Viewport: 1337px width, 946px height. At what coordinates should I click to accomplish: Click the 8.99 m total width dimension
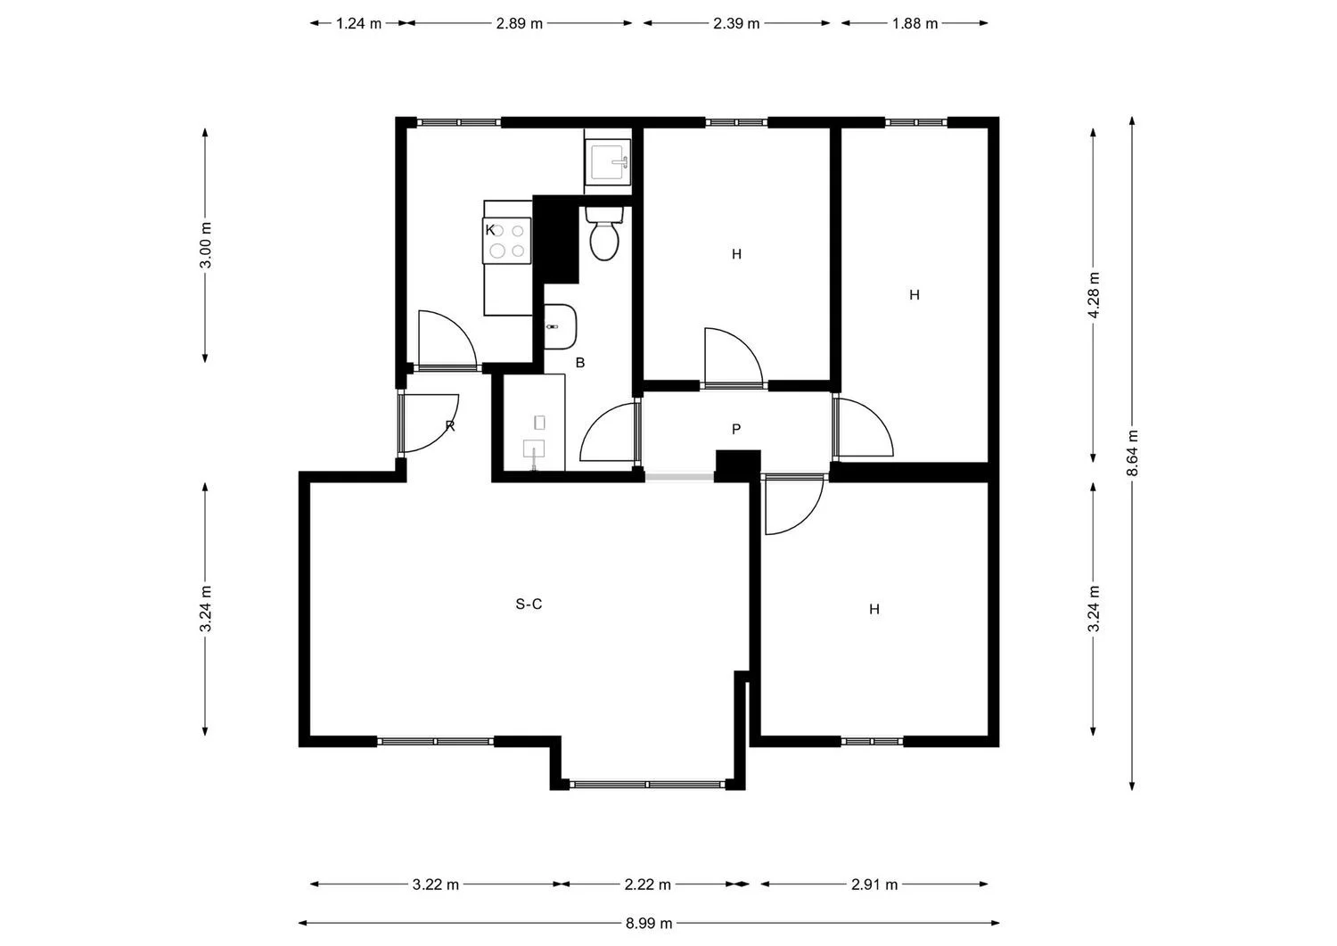(649, 924)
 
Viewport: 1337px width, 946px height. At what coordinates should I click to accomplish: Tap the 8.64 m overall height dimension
(1132, 453)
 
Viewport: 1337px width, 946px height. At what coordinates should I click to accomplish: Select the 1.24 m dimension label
(358, 23)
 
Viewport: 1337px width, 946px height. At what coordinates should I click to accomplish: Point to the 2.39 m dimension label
(736, 23)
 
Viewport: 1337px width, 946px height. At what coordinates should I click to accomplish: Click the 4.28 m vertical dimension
(1094, 295)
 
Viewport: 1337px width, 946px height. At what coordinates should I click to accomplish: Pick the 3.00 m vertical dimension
(205, 245)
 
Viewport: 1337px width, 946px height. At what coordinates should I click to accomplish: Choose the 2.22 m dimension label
(648, 884)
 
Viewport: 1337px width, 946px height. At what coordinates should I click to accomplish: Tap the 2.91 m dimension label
(874, 884)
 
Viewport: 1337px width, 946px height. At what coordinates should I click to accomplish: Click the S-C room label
(529, 605)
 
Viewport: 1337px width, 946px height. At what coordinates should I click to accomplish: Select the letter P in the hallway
(736, 429)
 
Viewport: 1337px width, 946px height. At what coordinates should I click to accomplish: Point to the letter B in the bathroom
(579, 363)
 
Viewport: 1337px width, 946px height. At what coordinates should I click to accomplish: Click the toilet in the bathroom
(604, 234)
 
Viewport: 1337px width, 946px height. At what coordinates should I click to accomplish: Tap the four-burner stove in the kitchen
(507, 241)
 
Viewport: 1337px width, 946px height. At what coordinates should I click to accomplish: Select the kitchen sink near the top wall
(608, 161)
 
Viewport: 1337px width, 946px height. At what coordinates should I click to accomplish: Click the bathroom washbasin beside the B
(561, 326)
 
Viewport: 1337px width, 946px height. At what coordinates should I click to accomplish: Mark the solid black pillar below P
(738, 465)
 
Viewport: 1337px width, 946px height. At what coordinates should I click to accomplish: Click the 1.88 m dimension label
(915, 23)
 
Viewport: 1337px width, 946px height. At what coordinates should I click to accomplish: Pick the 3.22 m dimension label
(435, 884)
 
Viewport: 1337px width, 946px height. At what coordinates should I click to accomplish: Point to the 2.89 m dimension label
(520, 23)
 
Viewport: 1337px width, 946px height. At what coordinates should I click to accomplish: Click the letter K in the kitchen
(490, 230)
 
